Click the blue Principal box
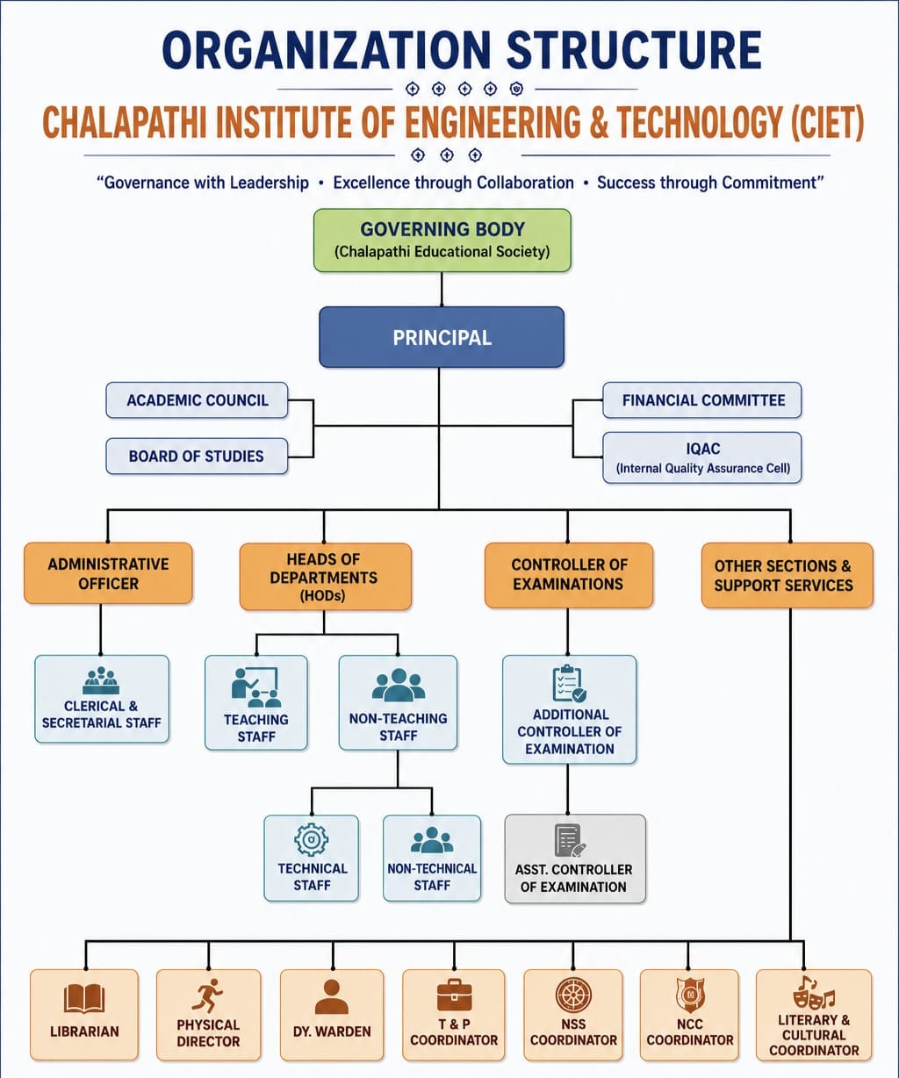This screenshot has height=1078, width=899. (442, 337)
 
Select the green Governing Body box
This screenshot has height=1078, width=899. (442, 240)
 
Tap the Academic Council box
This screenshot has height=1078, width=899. (197, 400)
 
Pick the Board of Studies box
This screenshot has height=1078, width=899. (197, 456)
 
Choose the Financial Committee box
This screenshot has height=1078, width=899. (702, 400)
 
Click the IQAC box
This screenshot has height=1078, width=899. (702, 457)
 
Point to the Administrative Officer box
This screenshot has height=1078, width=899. (109, 573)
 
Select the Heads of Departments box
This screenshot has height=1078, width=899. (326, 576)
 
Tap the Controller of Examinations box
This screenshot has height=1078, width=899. (569, 575)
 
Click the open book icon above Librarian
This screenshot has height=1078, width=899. (84, 998)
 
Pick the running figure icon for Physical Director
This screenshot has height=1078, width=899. (207, 995)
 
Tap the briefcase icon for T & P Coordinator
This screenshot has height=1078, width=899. (454, 995)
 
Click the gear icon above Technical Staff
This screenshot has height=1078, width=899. (311, 839)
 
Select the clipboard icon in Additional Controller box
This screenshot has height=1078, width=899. (570, 684)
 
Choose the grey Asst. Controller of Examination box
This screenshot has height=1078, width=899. (575, 859)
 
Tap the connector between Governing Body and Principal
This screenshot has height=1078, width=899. (442, 289)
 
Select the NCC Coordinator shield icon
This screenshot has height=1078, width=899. (690, 995)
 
